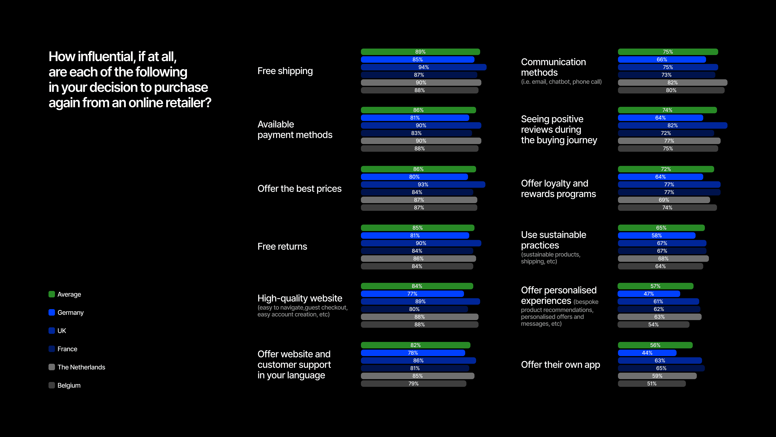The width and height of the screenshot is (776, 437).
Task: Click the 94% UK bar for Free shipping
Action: coord(424,67)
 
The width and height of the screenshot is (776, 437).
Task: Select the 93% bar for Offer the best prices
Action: coord(423,185)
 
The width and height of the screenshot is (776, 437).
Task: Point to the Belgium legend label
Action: coord(69,385)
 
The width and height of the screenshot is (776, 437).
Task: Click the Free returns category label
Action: coord(282,246)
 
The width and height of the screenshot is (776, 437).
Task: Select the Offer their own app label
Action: coord(561,365)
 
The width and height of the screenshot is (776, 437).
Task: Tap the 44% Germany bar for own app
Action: coord(647,353)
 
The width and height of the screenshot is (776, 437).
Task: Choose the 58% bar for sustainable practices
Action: coord(657,235)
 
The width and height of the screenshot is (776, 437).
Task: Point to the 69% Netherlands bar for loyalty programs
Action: coord(664,200)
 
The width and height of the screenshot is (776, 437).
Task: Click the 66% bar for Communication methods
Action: coord(662,60)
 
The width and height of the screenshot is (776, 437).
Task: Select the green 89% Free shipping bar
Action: coord(421,52)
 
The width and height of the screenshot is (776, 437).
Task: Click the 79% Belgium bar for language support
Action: coord(414,384)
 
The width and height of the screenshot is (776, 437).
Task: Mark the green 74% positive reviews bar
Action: coord(667,110)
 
